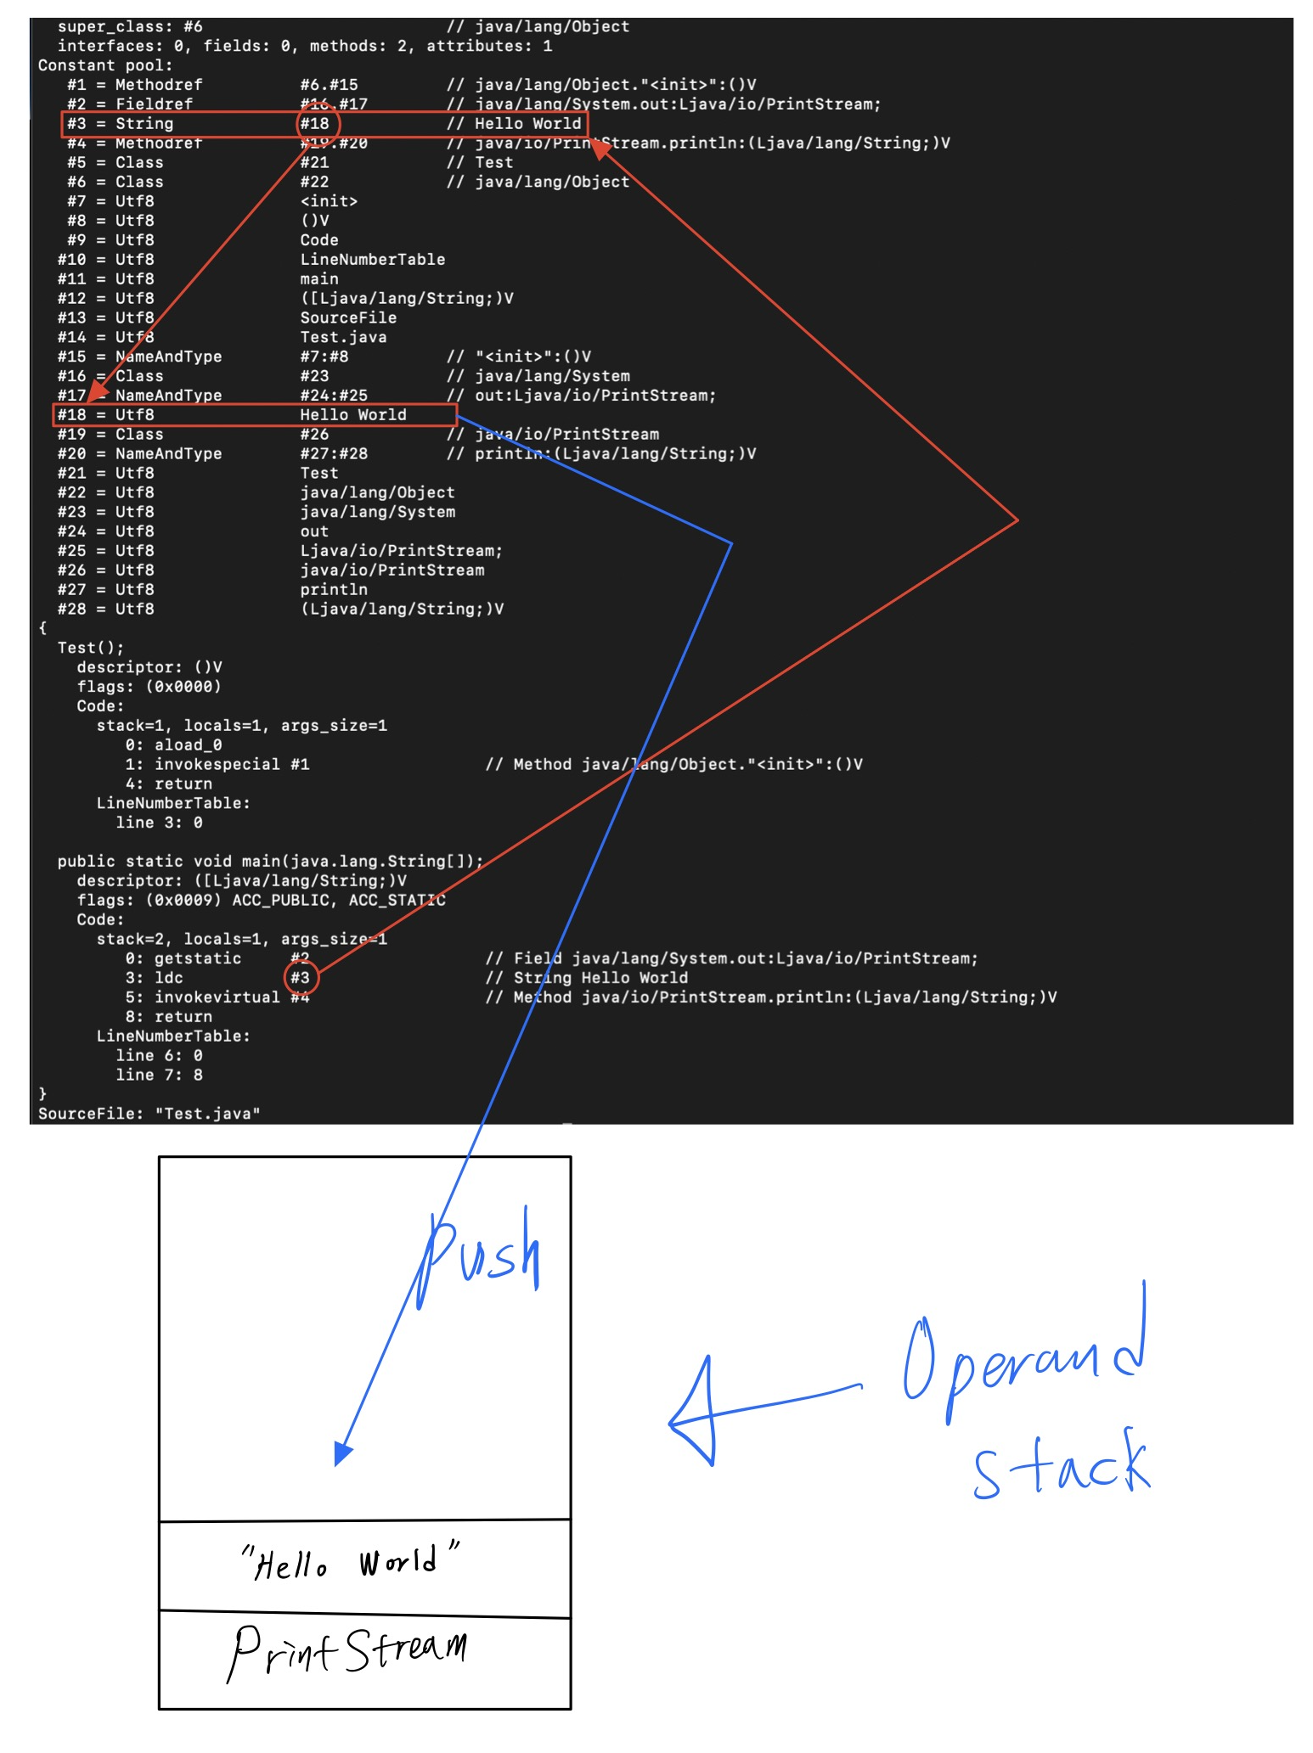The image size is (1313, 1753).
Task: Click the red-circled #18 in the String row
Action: coord(316,124)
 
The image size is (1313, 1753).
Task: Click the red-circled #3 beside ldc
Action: coord(301,978)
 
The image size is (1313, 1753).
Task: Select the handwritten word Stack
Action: coord(1062,1464)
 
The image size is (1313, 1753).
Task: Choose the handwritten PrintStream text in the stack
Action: coord(347,1650)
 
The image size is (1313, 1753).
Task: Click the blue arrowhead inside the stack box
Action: coord(342,1453)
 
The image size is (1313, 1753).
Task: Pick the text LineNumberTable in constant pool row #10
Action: coord(372,260)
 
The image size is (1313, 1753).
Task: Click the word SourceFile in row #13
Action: coord(348,318)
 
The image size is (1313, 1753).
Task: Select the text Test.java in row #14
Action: coord(343,338)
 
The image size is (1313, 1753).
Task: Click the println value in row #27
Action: coord(334,590)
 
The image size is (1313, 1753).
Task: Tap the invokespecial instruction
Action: coord(217,765)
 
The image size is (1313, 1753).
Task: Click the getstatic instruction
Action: coord(197,958)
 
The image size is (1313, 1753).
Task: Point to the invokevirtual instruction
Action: coord(217,997)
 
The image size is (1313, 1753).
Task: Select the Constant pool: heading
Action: coord(105,65)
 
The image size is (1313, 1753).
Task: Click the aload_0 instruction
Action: coord(188,745)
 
